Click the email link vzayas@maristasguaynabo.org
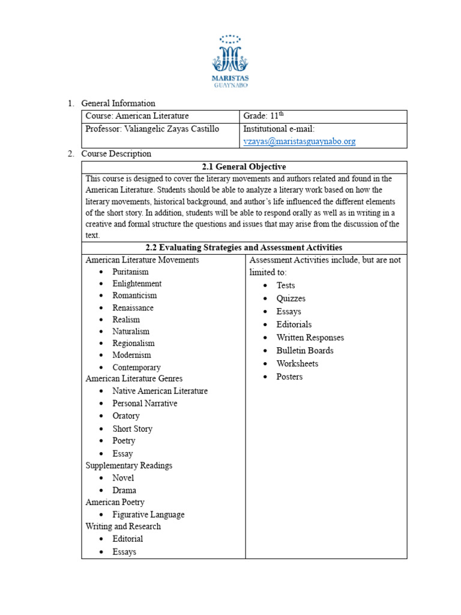pyautogui.click(x=299, y=141)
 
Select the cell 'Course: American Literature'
pyautogui.click(x=137, y=116)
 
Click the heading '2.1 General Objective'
pyautogui.click(x=244, y=167)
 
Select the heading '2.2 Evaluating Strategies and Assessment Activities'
pyautogui.click(x=244, y=247)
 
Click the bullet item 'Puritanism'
pyautogui.click(x=130, y=272)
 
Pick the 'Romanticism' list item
pyautogui.click(x=134, y=295)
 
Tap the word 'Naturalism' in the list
pyautogui.click(x=131, y=331)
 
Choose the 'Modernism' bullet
pyautogui.click(x=131, y=355)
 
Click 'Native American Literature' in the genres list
pyautogui.click(x=160, y=391)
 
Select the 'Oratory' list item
pyautogui.click(x=126, y=416)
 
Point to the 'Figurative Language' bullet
pyautogui.click(x=148, y=515)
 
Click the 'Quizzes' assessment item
pyautogui.click(x=291, y=298)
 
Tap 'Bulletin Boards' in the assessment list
pyautogui.click(x=304, y=350)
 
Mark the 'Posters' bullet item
pyautogui.click(x=289, y=377)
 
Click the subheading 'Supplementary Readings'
pyautogui.click(x=128, y=465)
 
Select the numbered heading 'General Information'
pyautogui.click(x=118, y=103)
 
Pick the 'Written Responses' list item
pyautogui.click(x=310, y=338)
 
